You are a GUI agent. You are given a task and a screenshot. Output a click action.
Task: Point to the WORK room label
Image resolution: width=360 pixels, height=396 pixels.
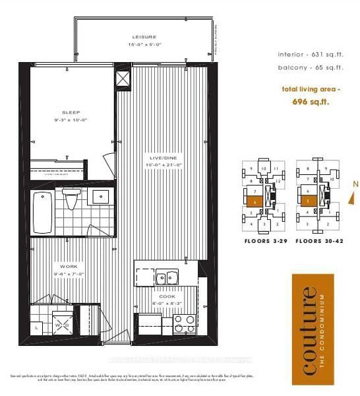click(64, 266)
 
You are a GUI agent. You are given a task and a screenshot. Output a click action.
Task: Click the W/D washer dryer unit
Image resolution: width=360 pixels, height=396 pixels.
click(64, 324)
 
